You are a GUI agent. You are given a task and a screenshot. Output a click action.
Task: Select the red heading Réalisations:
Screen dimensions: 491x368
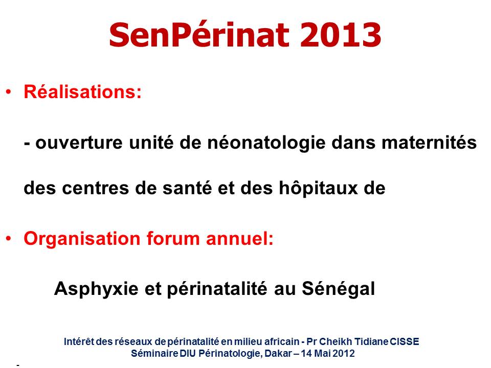pos(83,92)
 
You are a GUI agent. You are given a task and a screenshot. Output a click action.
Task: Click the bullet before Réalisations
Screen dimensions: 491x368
pos(9,92)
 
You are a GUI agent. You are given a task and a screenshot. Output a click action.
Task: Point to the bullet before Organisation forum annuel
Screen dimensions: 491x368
pos(9,239)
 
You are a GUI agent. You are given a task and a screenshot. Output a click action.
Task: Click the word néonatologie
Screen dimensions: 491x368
pos(266,143)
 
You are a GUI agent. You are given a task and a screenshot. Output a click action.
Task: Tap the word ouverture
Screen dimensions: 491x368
pos(79,143)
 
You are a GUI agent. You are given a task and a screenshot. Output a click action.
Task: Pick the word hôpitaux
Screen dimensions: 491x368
pos(318,188)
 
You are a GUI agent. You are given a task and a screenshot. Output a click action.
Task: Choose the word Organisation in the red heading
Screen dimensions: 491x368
pos(82,239)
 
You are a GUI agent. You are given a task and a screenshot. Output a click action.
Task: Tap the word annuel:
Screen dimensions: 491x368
pos(239,239)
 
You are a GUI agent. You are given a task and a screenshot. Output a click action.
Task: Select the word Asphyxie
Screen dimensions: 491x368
pos(96,288)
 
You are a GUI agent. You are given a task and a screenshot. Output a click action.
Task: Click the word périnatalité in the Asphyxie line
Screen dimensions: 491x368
pos(217,289)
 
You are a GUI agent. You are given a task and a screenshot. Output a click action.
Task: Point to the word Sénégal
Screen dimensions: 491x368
pos(338,288)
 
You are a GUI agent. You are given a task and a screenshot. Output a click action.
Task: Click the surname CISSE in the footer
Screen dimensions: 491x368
pos(404,341)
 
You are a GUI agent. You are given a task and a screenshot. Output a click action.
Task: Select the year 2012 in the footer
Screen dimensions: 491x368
pos(344,353)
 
